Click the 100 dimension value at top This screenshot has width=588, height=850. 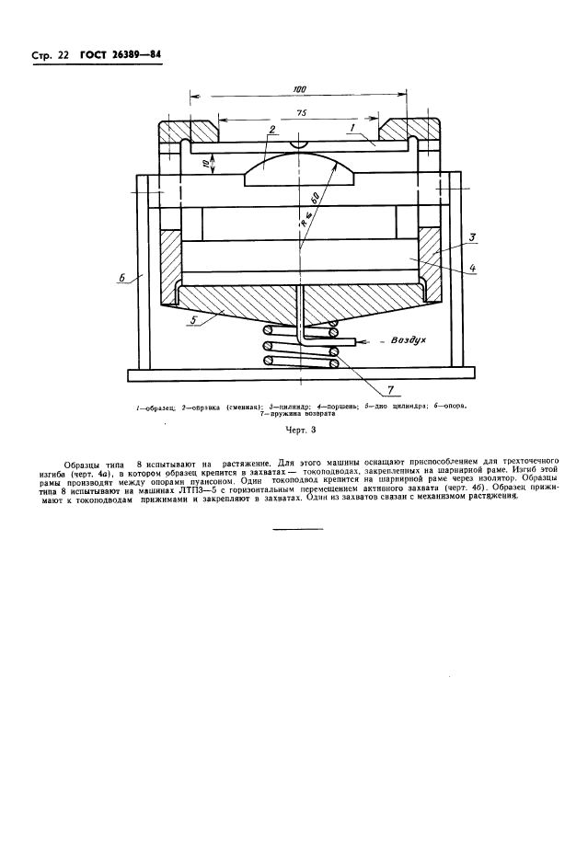tap(299, 88)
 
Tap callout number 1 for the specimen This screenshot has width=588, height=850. tap(352, 131)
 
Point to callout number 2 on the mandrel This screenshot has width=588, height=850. tap(272, 131)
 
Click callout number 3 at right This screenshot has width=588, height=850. tap(470, 237)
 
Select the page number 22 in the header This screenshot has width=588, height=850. tap(62, 56)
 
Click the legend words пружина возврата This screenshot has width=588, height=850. tap(296, 414)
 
